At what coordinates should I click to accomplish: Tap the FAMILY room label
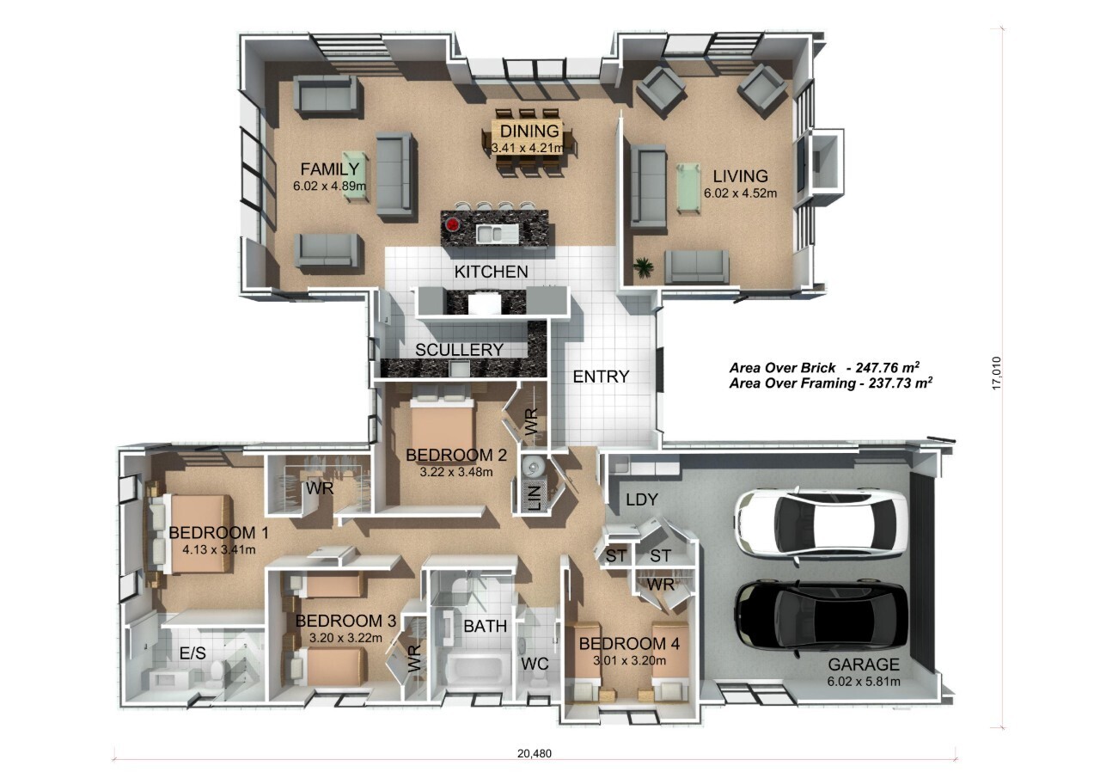[329, 169]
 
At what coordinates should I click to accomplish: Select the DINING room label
[529, 131]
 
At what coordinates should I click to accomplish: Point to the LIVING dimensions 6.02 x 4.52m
[740, 193]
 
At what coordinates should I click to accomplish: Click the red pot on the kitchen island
[452, 225]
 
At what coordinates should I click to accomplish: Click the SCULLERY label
[459, 350]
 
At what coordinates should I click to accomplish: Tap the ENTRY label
[601, 377]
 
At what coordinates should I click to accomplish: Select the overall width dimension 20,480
[535, 753]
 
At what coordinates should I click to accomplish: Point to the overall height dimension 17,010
[996, 373]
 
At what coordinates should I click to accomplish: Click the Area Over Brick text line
[824, 367]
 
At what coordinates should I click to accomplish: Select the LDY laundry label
[641, 499]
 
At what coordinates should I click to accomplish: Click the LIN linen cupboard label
[535, 499]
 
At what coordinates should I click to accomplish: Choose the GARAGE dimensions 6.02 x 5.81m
[864, 681]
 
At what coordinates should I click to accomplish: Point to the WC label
[535, 664]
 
